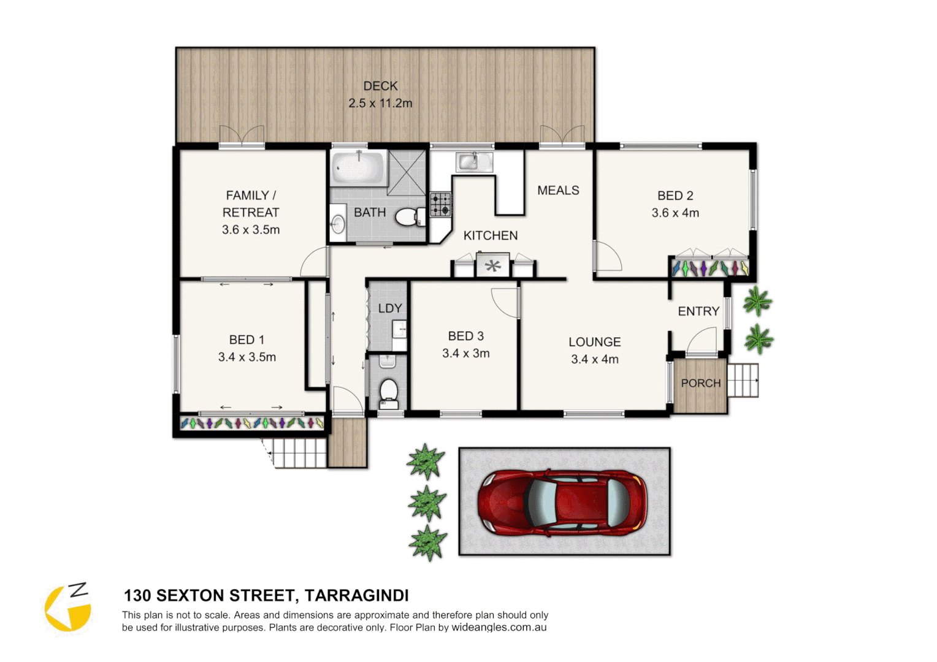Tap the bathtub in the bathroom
coord(358,167)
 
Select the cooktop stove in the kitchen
coord(440,205)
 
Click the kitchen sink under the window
coord(473,162)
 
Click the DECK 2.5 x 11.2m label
coord(380,94)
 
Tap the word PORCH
coord(700,383)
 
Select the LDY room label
coord(390,308)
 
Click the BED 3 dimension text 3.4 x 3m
coord(465,353)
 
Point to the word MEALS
coord(558,191)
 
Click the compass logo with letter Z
coord(68,607)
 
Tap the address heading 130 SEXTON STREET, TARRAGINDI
coord(266,595)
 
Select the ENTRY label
coord(698,311)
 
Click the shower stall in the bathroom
coord(407,172)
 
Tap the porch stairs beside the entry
coord(743,380)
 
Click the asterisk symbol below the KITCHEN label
coord(493,266)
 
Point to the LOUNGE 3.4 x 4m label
coord(594,351)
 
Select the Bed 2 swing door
coord(607,257)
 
